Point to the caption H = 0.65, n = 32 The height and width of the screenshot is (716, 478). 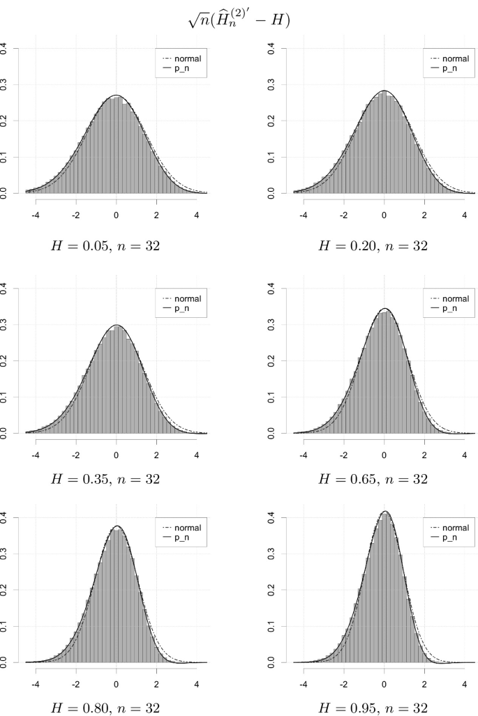(x=383, y=479)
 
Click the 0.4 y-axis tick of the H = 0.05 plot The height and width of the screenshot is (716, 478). (x=6, y=48)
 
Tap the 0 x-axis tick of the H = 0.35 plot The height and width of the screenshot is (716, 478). (x=117, y=445)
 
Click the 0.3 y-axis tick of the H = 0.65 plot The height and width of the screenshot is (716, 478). (x=272, y=324)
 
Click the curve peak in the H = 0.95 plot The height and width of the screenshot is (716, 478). (x=384, y=512)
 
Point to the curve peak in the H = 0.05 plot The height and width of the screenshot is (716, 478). (x=117, y=96)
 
